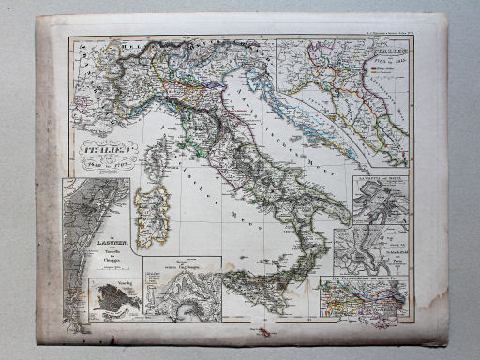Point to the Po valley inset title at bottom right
362,279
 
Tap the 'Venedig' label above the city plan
100,282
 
